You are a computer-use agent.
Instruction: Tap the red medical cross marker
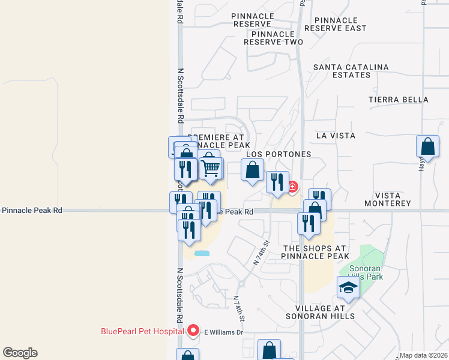point(292,187)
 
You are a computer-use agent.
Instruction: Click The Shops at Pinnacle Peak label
point(315,252)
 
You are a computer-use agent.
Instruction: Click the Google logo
point(20,353)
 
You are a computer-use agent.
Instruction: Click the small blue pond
point(202,253)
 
